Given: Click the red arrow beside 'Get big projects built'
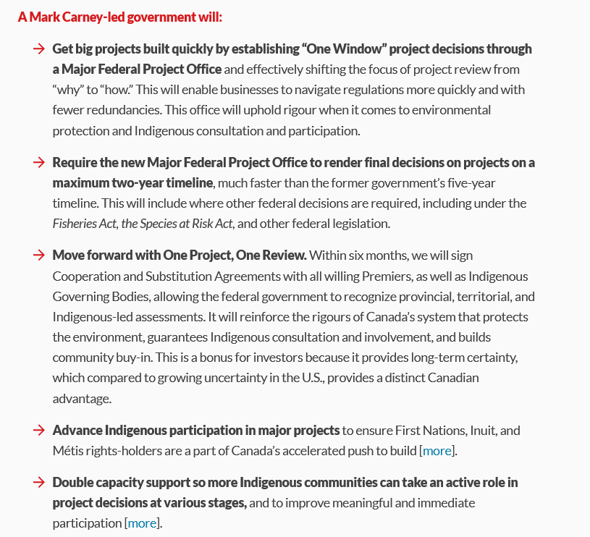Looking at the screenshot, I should tap(39, 49).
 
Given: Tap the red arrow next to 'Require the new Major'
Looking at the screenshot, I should tap(39, 162).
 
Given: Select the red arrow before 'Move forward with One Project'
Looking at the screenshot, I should tap(39, 255).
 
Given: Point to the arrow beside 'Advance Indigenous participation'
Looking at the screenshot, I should tap(39, 431).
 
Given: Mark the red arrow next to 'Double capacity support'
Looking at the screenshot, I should tap(39, 482).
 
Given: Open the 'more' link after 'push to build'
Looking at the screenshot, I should tap(437, 451).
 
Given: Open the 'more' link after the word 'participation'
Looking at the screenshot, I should tap(143, 523).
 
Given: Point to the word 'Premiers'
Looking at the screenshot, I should tap(408, 276).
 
